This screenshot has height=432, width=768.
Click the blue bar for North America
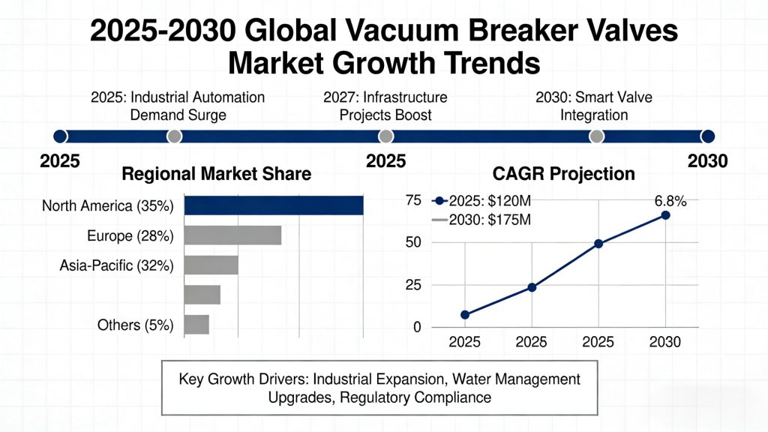coord(274,205)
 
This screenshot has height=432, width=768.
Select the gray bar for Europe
coord(232,235)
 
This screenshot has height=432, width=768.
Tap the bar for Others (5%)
coord(196,325)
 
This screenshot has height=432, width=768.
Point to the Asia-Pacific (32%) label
coord(116,265)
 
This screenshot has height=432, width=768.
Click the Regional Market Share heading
coord(216,174)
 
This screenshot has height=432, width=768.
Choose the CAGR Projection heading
coord(563,174)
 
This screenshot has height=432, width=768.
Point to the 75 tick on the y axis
coord(412,200)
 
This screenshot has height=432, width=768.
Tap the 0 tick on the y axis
coord(417,328)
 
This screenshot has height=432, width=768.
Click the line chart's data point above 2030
coord(665,215)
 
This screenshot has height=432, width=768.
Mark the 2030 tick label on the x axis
coord(665,343)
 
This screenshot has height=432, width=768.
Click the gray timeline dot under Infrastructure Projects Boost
coord(385,136)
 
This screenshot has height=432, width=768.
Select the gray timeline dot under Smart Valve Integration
coord(597,136)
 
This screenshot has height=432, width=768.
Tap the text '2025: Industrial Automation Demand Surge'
coord(178,106)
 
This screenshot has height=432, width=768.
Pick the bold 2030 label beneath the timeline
coord(707,160)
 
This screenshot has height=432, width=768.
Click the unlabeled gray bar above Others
coord(202,295)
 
